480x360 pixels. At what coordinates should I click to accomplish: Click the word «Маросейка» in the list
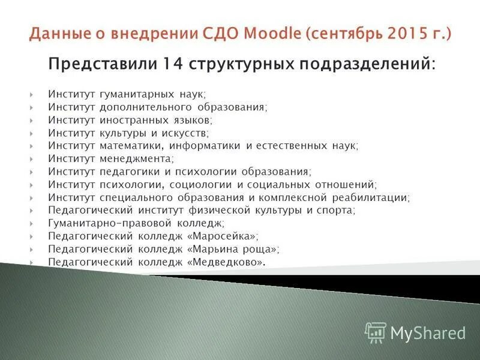coord(223,236)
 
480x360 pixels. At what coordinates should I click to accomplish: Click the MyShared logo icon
coord(376,332)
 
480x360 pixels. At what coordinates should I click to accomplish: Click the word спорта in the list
coord(336,210)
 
